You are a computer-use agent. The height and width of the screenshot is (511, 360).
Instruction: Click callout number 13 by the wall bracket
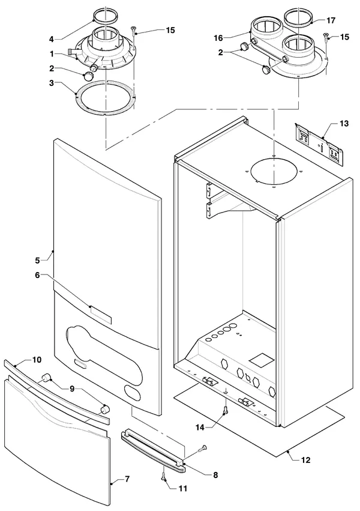[344, 124]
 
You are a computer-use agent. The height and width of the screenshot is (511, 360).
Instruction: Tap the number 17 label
[331, 20]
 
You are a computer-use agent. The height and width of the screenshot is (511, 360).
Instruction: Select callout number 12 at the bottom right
[306, 460]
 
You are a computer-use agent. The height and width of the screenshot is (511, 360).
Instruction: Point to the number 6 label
[37, 276]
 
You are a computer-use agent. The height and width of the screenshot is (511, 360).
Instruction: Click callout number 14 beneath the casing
[200, 428]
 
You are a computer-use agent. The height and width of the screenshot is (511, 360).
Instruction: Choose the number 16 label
[218, 38]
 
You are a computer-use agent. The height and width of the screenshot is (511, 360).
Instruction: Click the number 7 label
[127, 479]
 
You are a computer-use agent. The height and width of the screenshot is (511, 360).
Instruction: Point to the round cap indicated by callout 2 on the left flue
[89, 76]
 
